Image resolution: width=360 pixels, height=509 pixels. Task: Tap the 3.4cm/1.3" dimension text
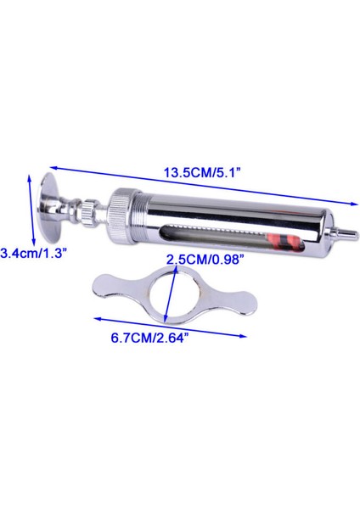(31, 253)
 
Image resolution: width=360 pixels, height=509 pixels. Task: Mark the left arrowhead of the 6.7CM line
(95, 320)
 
